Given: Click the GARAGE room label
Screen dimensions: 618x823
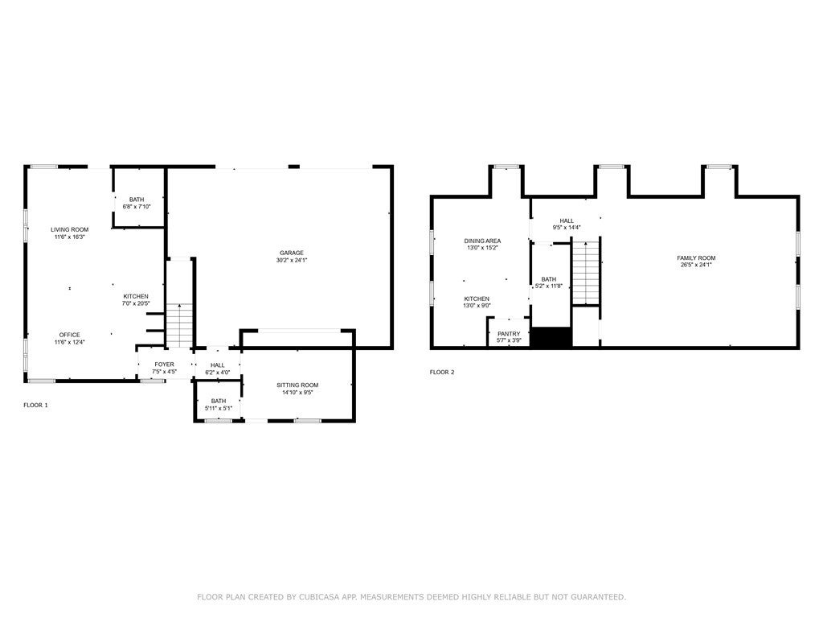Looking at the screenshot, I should tap(291, 253).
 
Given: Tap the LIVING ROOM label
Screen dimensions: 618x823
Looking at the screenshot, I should tap(69, 229).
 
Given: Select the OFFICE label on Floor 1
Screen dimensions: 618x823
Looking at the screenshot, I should tap(69, 335).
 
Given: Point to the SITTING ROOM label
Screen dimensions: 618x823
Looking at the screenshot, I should tap(297, 385).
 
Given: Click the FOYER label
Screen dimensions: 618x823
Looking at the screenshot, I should tap(164, 365).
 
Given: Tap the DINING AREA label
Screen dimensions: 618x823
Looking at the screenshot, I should tap(482, 241).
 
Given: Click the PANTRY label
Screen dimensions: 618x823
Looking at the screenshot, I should tap(509, 333).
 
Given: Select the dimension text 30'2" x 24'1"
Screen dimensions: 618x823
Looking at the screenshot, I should tap(291, 261).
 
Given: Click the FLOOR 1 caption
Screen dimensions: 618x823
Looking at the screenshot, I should tap(35, 405).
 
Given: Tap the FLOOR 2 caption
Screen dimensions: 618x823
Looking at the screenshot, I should tap(442, 372).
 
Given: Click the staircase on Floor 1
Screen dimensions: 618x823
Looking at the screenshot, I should tap(181, 325).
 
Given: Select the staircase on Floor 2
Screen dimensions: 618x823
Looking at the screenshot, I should tap(586, 274).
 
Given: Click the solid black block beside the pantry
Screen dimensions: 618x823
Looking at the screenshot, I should tap(552, 337).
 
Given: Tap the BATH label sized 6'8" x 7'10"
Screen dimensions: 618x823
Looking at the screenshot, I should tap(137, 200).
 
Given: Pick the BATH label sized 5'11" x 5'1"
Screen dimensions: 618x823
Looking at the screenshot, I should tap(219, 401).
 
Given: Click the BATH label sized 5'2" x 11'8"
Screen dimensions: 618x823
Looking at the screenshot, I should tap(548, 279).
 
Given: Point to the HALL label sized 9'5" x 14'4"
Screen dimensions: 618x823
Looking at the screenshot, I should tap(567, 220).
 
